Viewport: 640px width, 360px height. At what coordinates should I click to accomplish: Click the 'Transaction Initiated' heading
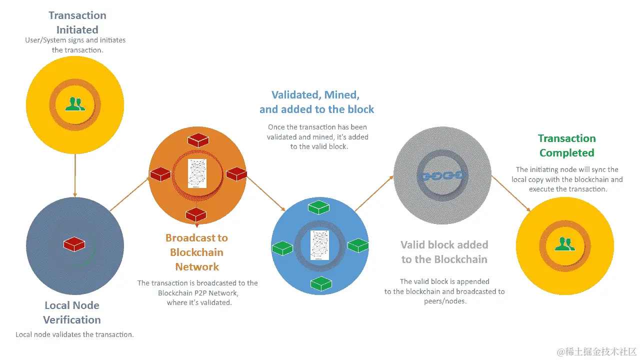pyautogui.click(x=77, y=22)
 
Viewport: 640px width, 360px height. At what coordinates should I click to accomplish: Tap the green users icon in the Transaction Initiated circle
pyautogui.click(x=75, y=103)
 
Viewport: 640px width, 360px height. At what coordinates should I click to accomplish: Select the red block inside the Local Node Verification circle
pyautogui.click(x=74, y=244)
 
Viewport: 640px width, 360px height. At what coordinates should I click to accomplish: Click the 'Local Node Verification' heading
pyautogui.click(x=72, y=312)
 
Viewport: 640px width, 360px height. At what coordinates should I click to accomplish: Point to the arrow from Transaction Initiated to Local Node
pyautogui.click(x=75, y=175)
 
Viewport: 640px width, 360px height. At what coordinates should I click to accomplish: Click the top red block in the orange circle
pyautogui.click(x=197, y=140)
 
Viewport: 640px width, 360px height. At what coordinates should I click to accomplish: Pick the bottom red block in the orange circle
pyautogui.click(x=196, y=214)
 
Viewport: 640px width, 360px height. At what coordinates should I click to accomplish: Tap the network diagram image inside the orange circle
pyautogui.click(x=197, y=173)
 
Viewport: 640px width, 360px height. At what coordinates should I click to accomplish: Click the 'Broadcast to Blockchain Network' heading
pyautogui.click(x=196, y=252)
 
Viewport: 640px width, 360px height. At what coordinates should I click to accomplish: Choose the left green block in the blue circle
pyautogui.click(x=282, y=247)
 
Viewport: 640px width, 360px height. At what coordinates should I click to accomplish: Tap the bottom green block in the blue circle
pyautogui.click(x=320, y=283)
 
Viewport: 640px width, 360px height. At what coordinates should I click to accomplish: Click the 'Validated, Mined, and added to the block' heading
pyautogui.click(x=316, y=102)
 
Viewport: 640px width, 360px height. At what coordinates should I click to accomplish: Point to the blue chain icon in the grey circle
pyautogui.click(x=441, y=175)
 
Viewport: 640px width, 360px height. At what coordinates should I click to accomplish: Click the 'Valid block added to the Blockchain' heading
pyautogui.click(x=444, y=252)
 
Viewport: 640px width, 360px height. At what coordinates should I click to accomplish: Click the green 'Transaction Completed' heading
pyautogui.click(x=566, y=145)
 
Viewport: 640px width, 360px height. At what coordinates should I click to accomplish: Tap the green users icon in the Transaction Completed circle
pyautogui.click(x=565, y=244)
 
